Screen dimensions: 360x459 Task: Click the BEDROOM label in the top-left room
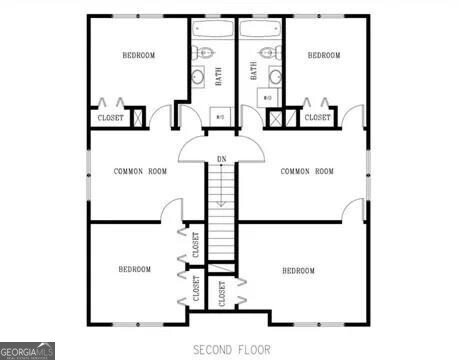(138, 55)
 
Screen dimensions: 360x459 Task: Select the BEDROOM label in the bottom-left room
(135, 269)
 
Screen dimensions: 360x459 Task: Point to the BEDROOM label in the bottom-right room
(298, 271)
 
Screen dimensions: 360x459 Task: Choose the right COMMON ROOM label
(307, 171)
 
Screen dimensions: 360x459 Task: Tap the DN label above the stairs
(221, 159)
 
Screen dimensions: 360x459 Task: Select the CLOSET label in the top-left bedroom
(110, 118)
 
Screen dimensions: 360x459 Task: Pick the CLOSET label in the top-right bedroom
(317, 117)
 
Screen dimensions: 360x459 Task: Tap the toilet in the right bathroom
(267, 53)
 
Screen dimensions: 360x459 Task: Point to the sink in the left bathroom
(198, 75)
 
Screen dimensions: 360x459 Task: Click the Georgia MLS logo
(27, 351)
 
